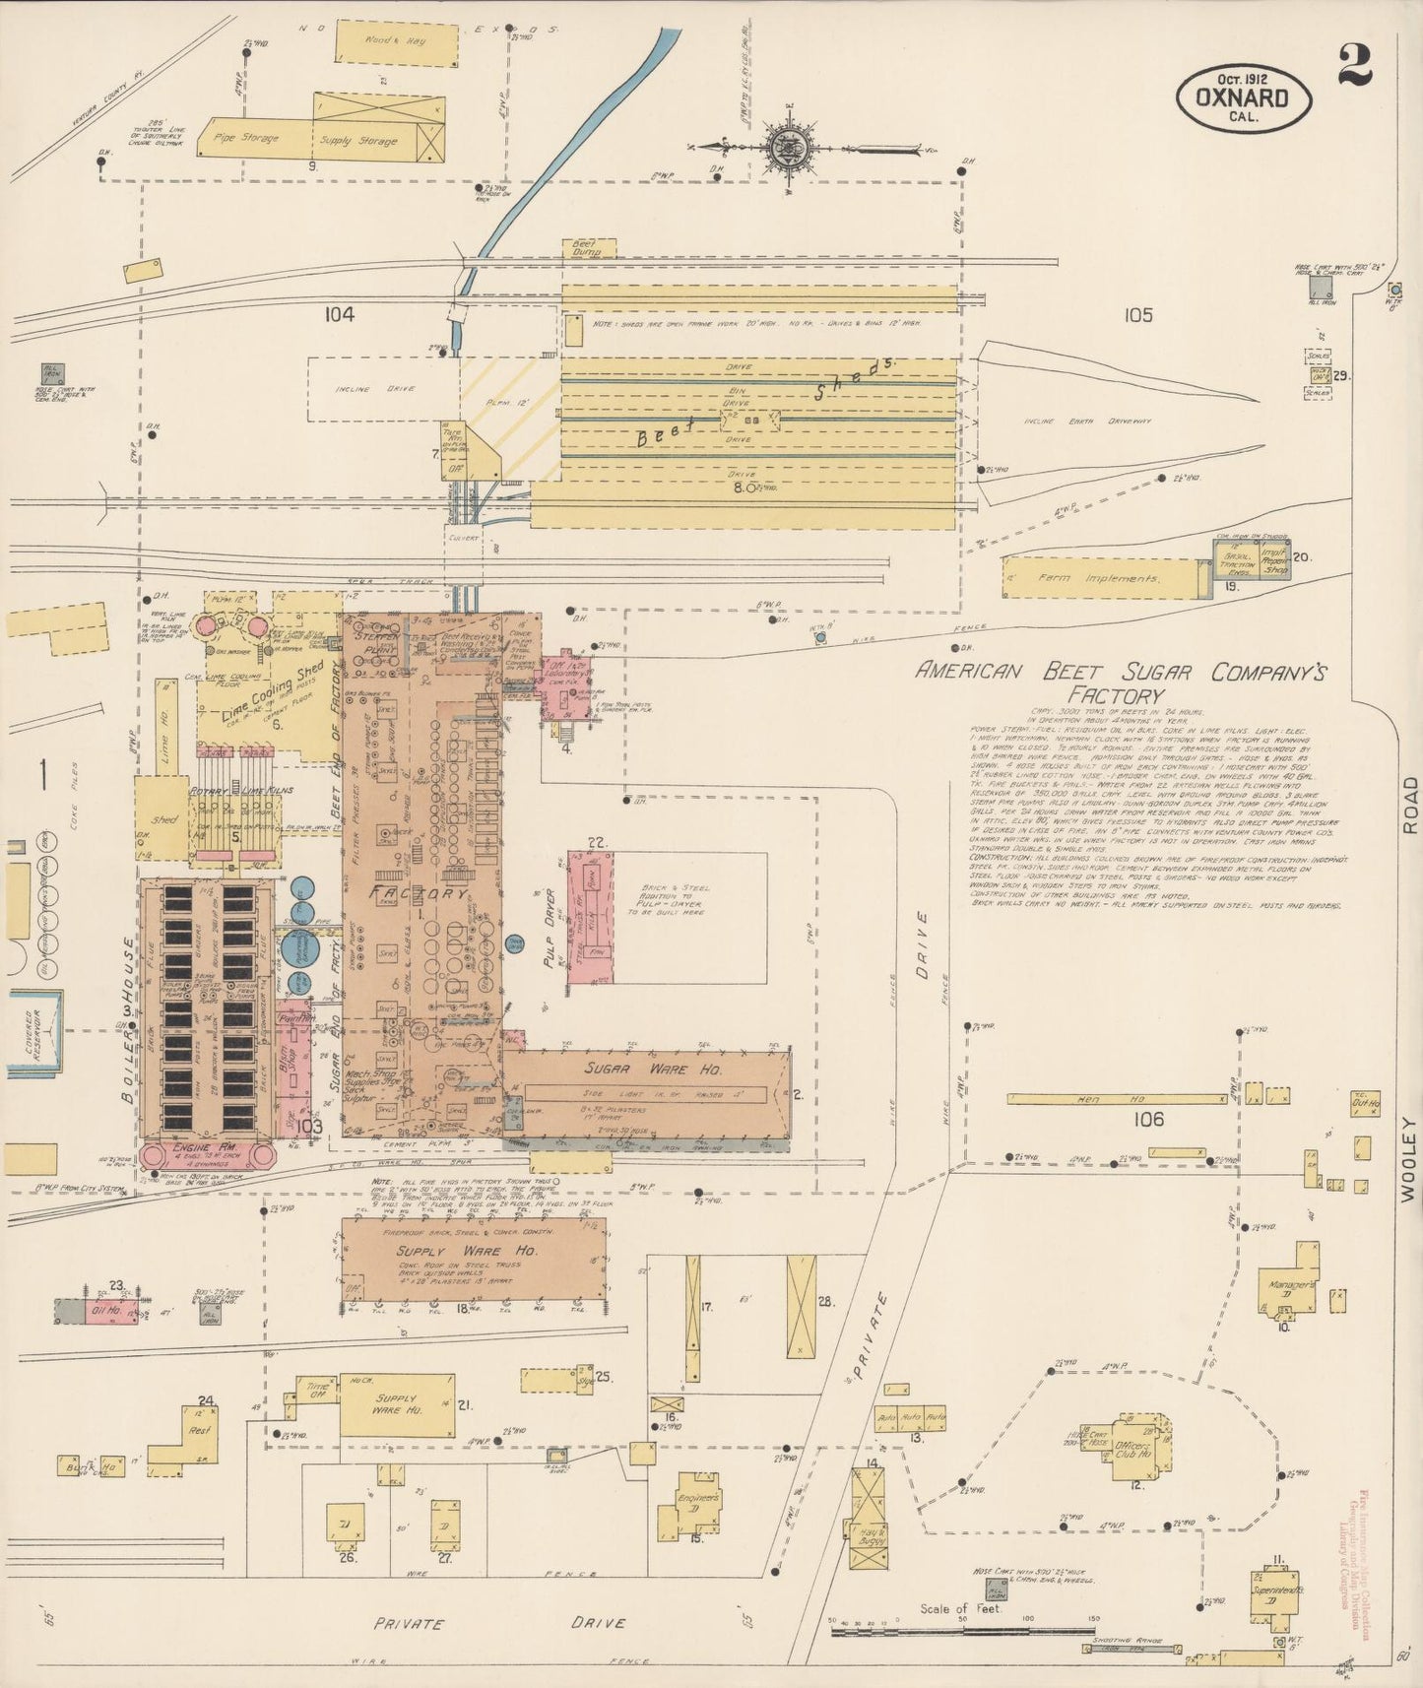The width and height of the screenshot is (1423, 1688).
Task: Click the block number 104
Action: click(338, 314)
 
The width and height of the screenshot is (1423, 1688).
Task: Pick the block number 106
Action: click(1148, 1119)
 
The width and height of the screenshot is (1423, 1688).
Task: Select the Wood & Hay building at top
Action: click(397, 43)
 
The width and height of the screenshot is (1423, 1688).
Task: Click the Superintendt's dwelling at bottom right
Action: click(1277, 1591)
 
